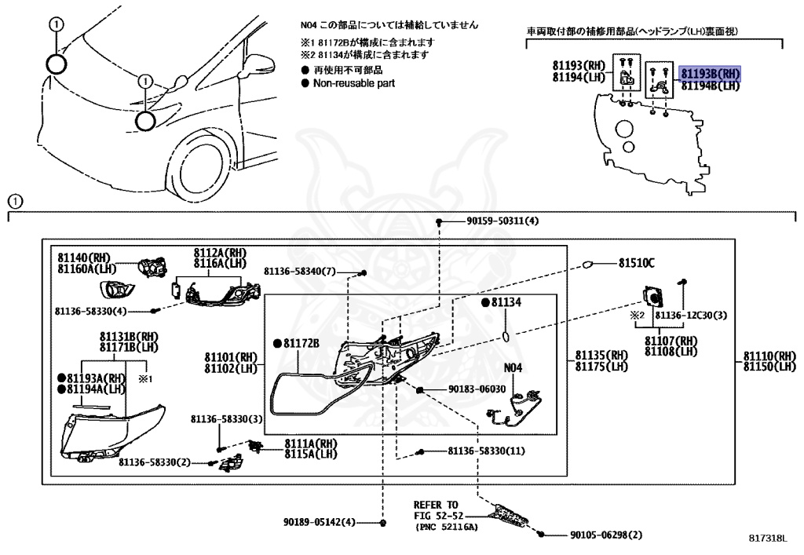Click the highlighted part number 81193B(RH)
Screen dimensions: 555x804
click(711, 74)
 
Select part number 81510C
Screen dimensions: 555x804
click(636, 263)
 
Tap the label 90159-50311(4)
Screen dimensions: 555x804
click(502, 221)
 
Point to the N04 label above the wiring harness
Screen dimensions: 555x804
click(513, 367)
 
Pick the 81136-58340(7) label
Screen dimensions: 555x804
click(299, 271)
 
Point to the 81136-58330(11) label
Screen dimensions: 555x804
click(486, 451)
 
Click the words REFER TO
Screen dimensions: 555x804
click(436, 504)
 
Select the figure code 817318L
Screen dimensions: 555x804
click(766, 539)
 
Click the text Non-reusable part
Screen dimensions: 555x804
click(354, 82)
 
